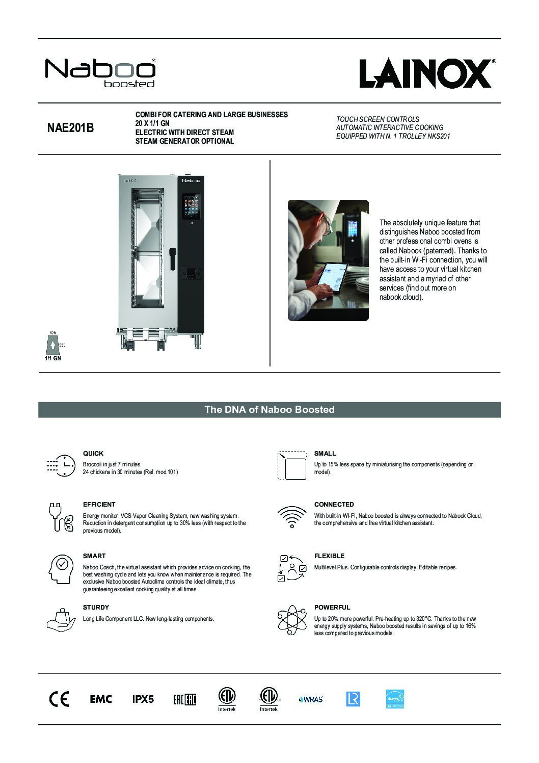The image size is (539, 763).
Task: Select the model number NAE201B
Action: click(x=70, y=128)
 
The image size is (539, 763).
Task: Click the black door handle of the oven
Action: click(x=173, y=257)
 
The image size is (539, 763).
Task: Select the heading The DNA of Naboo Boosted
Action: click(x=269, y=409)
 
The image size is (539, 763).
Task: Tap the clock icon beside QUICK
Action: click(x=60, y=465)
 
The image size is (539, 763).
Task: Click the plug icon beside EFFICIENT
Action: click(x=60, y=517)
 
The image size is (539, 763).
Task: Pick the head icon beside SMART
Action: click(x=60, y=568)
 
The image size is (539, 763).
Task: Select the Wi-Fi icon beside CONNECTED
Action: click(x=291, y=517)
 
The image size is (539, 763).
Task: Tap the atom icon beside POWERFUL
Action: click(x=291, y=620)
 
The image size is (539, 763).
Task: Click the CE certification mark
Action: click(x=59, y=699)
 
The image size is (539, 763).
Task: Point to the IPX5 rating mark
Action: click(x=143, y=699)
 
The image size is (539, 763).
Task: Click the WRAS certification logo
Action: click(x=311, y=699)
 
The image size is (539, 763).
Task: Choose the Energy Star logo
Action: click(x=395, y=699)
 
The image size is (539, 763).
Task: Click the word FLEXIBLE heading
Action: click(x=329, y=556)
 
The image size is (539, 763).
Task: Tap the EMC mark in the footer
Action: click(x=101, y=699)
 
